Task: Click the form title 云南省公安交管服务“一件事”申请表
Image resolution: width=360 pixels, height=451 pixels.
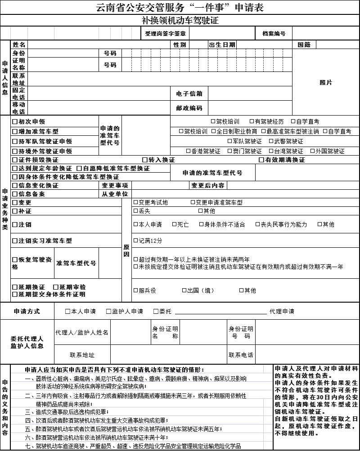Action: click(180, 8)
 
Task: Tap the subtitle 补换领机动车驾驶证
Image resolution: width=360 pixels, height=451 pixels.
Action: click(180, 21)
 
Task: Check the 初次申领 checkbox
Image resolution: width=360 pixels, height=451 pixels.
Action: click(15, 122)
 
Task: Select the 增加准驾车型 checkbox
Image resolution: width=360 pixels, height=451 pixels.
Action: click(15, 132)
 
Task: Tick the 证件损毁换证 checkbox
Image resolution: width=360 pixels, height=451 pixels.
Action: click(15, 160)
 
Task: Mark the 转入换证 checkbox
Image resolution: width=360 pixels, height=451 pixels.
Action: click(145, 160)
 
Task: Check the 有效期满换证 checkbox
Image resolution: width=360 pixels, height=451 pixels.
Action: click(261, 160)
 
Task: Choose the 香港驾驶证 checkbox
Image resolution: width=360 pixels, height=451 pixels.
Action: click(189, 152)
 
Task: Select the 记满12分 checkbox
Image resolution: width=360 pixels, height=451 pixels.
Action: click(136, 241)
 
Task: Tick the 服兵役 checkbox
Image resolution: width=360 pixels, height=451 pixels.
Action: click(136, 290)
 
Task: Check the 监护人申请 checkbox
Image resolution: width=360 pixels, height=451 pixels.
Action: click(108, 311)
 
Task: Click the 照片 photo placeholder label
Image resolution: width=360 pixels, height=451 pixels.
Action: click(326, 83)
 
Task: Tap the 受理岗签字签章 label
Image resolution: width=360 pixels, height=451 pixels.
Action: click(165, 34)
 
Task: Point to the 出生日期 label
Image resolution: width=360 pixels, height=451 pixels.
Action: click(222, 45)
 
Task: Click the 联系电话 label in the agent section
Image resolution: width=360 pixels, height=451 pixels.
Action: click(240, 355)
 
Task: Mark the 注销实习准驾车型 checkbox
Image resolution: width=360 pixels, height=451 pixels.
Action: click(15, 241)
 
